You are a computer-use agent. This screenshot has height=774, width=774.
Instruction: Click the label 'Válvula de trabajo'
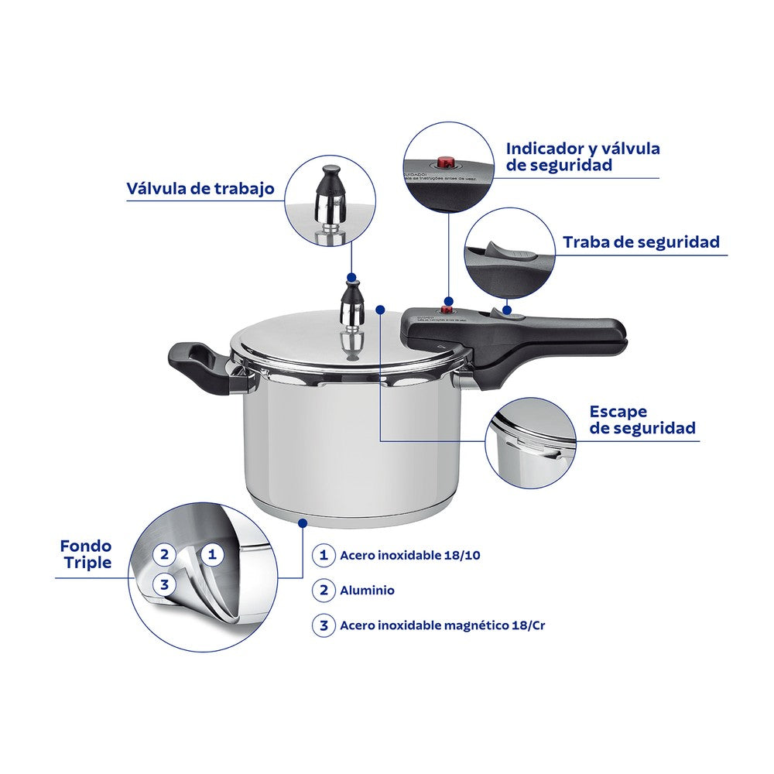point(200,189)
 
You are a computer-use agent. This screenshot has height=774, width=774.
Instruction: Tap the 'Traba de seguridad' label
point(641,241)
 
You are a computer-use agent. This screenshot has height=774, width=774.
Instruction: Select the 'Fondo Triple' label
point(85,555)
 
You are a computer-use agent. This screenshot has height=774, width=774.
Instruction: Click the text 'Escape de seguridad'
point(642,420)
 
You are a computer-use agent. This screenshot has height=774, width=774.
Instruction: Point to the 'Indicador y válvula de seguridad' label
point(582,156)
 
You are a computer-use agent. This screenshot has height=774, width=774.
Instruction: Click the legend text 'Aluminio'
point(367,591)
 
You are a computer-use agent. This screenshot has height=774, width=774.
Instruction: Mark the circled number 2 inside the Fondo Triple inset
point(163,554)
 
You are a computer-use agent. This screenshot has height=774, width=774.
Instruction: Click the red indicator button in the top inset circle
point(445,163)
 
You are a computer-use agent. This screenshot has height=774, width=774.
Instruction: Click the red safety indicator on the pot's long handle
point(446,310)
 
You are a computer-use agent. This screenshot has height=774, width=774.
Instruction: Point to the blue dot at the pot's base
point(302,523)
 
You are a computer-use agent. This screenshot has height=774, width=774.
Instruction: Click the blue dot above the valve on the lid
point(352,276)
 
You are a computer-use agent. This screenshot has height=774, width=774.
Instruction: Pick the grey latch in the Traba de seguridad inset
point(507,253)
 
